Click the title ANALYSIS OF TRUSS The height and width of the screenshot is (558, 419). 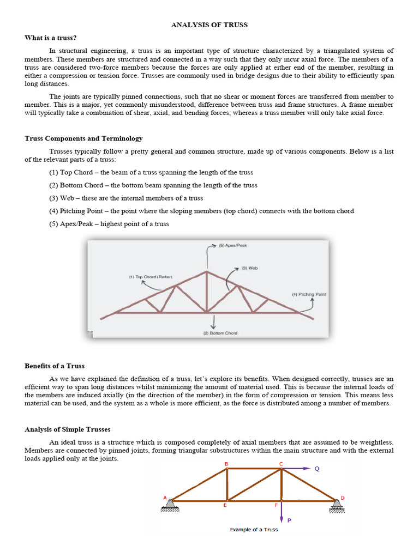click(210, 25)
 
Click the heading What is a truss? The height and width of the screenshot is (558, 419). click(51, 38)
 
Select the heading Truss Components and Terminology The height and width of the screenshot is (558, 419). click(83, 138)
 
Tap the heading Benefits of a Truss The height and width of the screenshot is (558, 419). click(55, 366)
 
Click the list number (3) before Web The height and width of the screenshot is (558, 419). click(53, 198)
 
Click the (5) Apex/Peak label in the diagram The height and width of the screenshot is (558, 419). click(232, 245)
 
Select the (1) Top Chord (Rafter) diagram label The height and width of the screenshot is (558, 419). click(151, 277)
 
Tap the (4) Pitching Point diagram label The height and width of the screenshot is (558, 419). click(309, 294)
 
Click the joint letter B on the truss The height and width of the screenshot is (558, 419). click(226, 464)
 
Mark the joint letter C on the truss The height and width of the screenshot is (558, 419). click(281, 464)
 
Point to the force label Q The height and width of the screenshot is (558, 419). click(317, 468)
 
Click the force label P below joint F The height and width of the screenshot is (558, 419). click(289, 520)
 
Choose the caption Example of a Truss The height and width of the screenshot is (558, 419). click(254, 530)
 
